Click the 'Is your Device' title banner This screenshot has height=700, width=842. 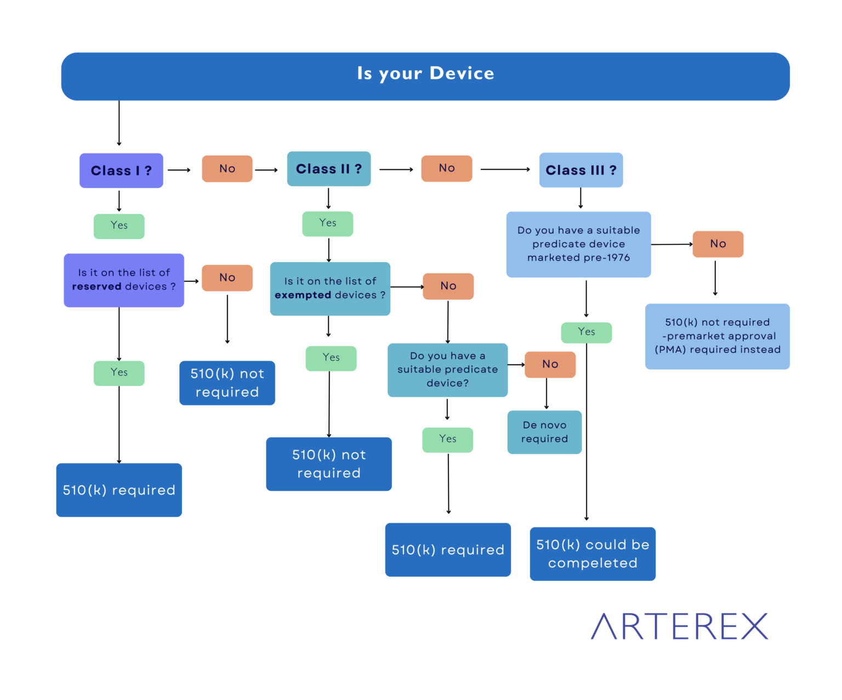425,76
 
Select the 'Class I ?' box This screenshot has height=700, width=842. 121,170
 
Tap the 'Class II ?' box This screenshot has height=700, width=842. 329,168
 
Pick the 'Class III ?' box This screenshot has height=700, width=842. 581,170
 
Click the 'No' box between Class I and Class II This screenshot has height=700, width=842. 227,168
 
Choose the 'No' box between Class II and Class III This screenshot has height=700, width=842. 446,168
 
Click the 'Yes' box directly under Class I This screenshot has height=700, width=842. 119,226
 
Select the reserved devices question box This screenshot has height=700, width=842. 124,280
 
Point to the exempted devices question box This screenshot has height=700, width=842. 330,289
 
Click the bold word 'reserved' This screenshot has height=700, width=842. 96,286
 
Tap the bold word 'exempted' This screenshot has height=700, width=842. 303,295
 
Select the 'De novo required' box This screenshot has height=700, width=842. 544,432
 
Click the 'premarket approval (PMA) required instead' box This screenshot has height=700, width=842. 718,336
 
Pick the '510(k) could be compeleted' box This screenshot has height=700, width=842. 593,554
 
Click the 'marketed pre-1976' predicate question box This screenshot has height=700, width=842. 578,244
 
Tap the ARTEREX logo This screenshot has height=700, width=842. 680,626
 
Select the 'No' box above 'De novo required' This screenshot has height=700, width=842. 550,365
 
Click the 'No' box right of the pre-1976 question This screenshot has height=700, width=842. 718,244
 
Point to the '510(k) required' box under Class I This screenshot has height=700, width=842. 119,490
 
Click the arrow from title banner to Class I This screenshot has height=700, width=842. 119,123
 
